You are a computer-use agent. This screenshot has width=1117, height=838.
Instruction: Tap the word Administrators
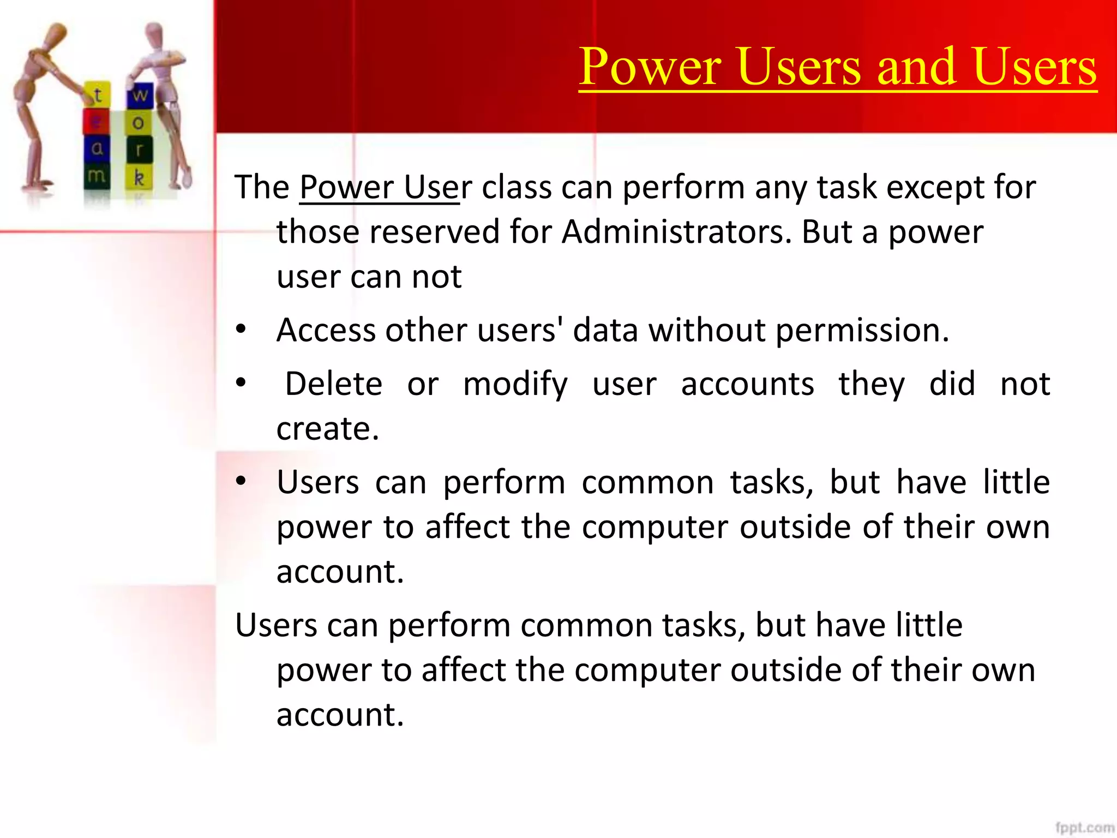[676, 231]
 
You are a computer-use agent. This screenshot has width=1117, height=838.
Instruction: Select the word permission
[862, 331]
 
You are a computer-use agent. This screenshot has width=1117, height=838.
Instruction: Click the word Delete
[334, 384]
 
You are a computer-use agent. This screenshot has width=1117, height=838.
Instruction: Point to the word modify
[515, 385]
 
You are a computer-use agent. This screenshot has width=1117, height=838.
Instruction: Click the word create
[327, 429]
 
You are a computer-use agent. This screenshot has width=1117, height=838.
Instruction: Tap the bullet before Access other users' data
[241, 330]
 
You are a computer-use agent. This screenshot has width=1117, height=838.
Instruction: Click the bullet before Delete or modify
[241, 383]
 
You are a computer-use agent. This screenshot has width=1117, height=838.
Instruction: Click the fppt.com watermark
[1084, 828]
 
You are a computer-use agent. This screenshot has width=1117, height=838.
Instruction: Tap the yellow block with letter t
[98, 95]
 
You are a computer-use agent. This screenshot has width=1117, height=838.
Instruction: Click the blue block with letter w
[140, 95]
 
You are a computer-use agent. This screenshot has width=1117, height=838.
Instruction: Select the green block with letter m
[97, 176]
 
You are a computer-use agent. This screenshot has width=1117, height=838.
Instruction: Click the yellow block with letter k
[139, 177]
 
